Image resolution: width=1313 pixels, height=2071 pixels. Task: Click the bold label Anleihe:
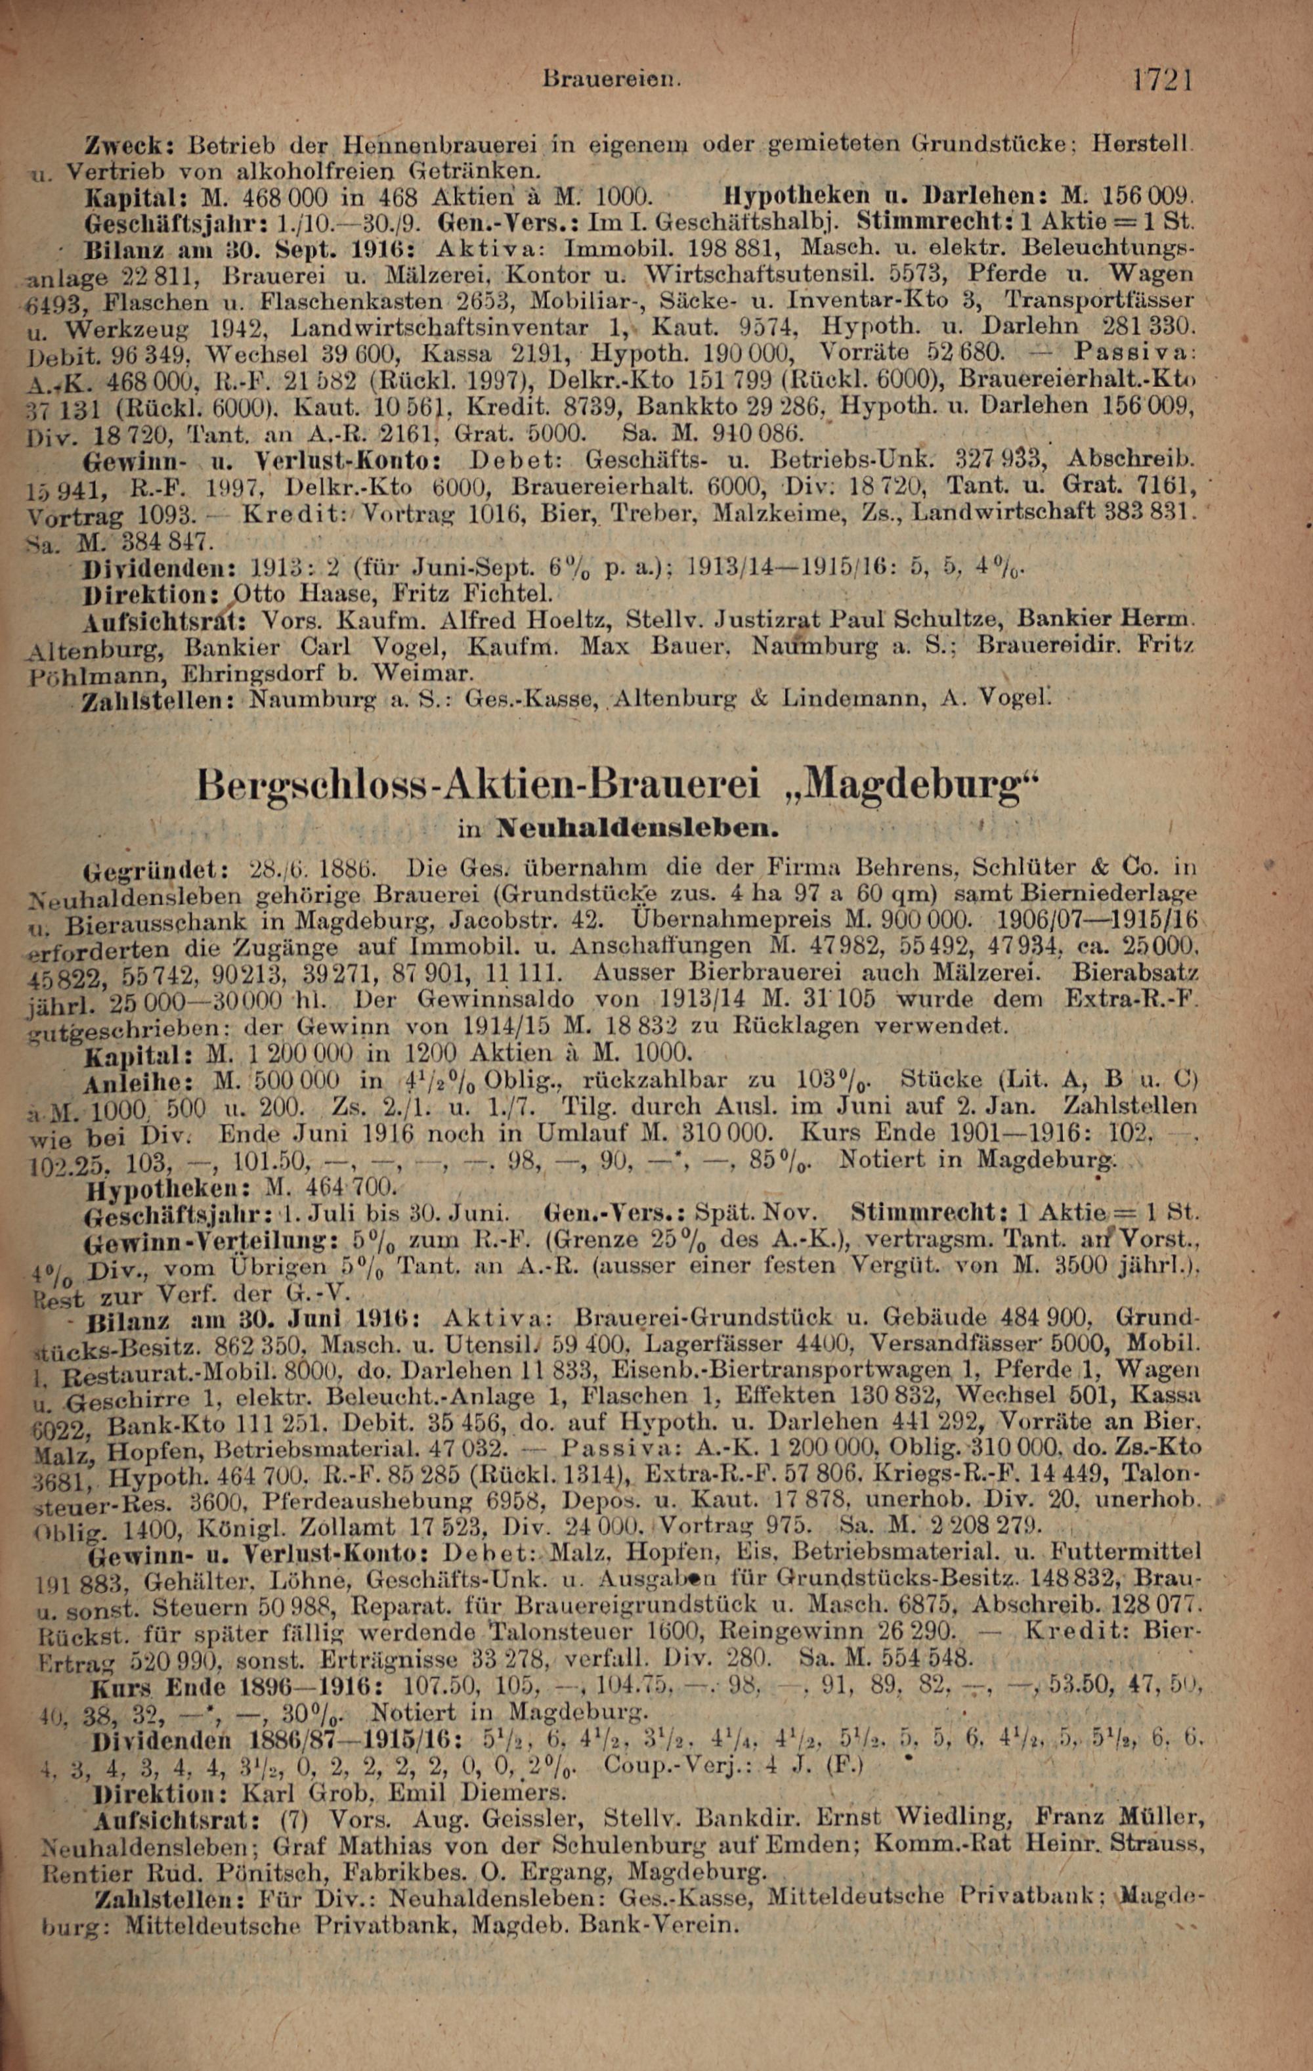click(x=139, y=1080)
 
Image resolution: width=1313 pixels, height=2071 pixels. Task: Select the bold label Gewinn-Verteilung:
click(x=202, y=1241)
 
